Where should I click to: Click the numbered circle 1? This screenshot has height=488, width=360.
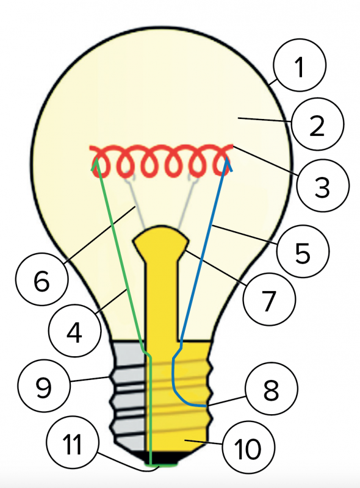coord(300,65)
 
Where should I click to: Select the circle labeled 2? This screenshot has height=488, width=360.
coord(317,124)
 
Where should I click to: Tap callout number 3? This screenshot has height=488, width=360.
coord(323,185)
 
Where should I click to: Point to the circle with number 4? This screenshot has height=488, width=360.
coord(74,331)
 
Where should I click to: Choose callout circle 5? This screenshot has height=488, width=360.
coord(303,251)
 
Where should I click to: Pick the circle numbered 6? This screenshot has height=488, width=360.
coord(41,279)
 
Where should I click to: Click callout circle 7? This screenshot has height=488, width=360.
coord(269,299)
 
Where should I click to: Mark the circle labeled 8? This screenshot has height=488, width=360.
coord(272,389)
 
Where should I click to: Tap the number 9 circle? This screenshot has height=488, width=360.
coord(44,386)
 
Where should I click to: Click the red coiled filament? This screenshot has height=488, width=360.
coord(161,161)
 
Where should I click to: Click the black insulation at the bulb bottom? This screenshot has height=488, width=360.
coord(162,457)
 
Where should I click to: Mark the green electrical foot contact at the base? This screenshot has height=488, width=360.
coord(162,464)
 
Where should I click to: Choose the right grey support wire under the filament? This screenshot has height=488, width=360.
coord(188,203)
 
